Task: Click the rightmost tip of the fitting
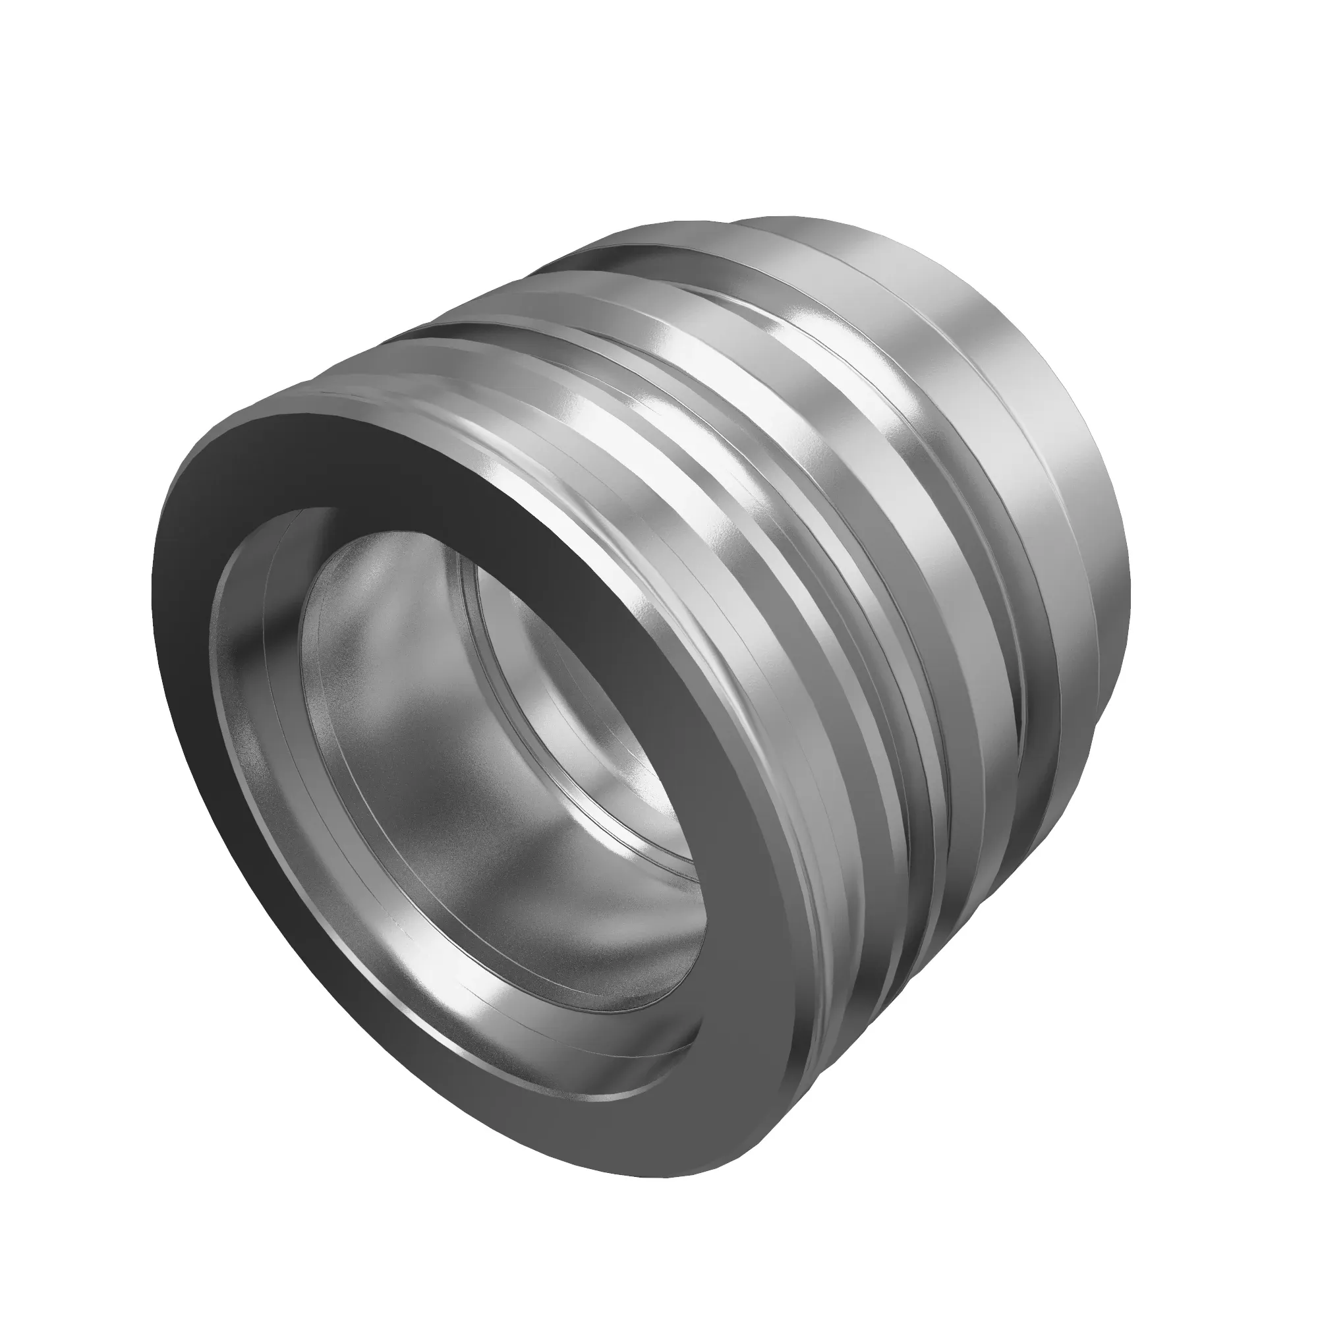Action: click(1130, 600)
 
